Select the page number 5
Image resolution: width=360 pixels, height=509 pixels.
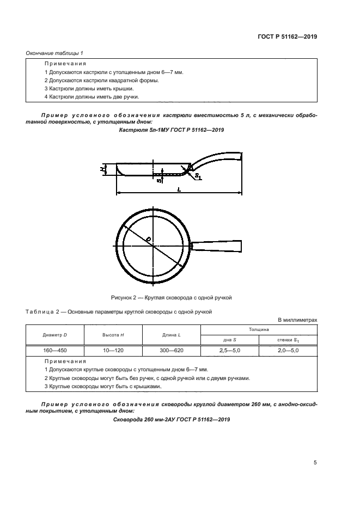click(315, 463)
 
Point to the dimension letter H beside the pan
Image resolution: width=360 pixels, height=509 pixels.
click(102, 169)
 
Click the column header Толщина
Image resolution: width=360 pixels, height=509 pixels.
click(259, 329)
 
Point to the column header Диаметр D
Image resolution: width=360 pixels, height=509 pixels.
click(54, 334)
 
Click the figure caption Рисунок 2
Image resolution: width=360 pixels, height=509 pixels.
click(172, 297)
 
